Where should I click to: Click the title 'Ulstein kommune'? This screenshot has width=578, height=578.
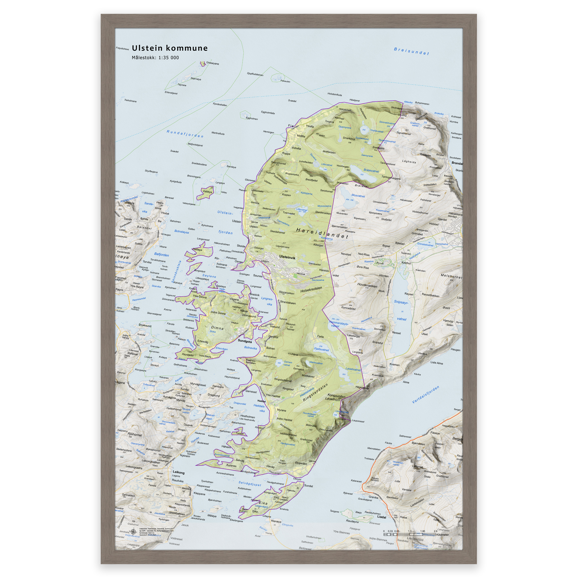coord(170,48)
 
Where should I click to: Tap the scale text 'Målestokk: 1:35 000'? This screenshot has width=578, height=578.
coord(155,58)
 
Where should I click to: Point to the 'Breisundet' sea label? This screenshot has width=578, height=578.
coord(411,51)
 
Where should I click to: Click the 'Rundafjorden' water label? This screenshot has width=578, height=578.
coord(185,134)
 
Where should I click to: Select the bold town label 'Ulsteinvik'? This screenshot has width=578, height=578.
coord(287,257)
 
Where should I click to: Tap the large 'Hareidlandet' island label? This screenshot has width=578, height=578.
coord(322,233)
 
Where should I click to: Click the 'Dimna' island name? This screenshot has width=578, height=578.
coord(217,328)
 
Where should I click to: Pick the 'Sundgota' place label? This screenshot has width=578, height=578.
coord(245,341)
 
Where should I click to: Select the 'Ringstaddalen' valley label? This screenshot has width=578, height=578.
coord(315,393)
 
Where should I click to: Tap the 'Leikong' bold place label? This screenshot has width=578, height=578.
coord(179,472)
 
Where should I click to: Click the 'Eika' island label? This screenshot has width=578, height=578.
coord(263,503)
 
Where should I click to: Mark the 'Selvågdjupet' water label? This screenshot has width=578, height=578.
coord(250,483)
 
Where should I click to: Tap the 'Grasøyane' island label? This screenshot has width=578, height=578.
coord(213,64)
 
